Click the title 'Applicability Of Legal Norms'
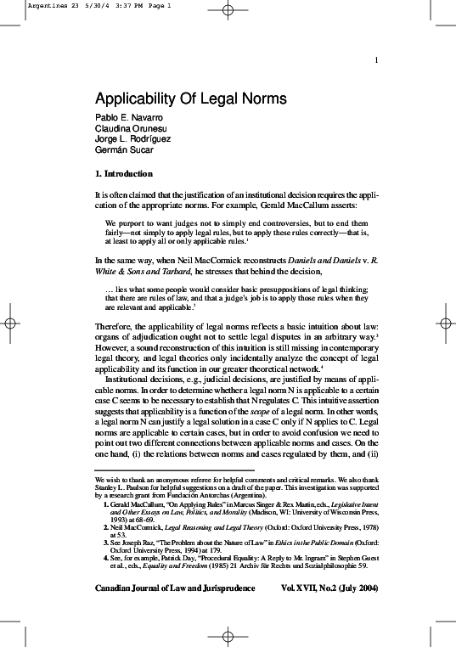click(x=190, y=98)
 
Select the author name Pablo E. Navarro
click(x=129, y=116)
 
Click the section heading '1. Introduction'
click(x=124, y=174)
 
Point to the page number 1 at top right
click(x=375, y=59)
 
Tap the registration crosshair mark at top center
click(x=228, y=11)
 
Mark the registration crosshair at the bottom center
click(x=228, y=635)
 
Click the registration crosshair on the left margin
click(x=10, y=323)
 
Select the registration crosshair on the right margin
click(x=445, y=323)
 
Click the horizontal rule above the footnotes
click(x=174, y=470)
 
